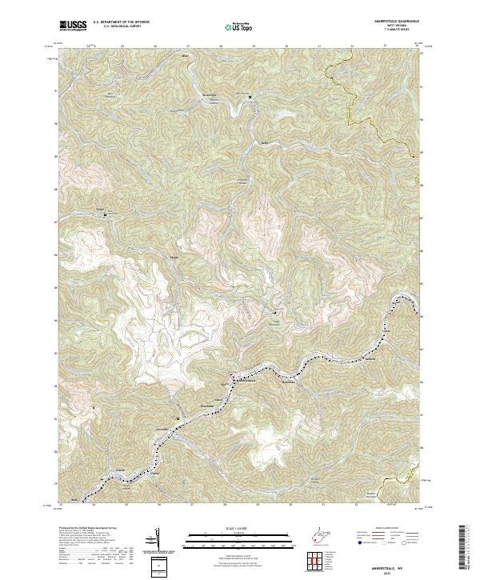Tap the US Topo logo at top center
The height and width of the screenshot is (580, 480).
coord(238,26)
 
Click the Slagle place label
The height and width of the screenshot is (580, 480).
coord(173,258)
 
